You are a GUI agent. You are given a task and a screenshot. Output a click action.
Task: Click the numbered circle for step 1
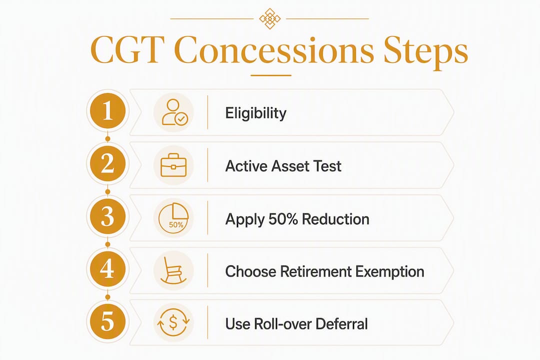tap(107, 111)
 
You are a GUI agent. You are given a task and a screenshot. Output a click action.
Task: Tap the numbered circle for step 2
tap(107, 164)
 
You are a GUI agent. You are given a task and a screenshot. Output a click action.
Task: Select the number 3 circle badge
tap(107, 216)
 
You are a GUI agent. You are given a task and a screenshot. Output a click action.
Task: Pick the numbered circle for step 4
tap(107, 269)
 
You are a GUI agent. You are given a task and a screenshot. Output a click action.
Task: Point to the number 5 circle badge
tap(107, 322)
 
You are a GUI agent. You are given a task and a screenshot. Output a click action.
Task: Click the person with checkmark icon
tap(174, 112)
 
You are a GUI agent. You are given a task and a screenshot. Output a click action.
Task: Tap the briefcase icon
tap(173, 165)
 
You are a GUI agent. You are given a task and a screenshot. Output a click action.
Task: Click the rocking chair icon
tap(173, 270)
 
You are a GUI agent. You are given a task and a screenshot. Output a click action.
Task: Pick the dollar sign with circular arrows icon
tap(173, 323)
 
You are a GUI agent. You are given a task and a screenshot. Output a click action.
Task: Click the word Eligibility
tap(255, 113)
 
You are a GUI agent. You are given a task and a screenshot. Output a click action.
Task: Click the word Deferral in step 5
tap(341, 324)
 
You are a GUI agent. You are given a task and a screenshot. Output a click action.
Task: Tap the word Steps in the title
tap(425, 52)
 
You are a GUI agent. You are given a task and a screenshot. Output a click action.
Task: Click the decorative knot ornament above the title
tap(269, 18)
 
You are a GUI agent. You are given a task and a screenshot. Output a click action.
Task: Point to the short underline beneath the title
tap(271, 75)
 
